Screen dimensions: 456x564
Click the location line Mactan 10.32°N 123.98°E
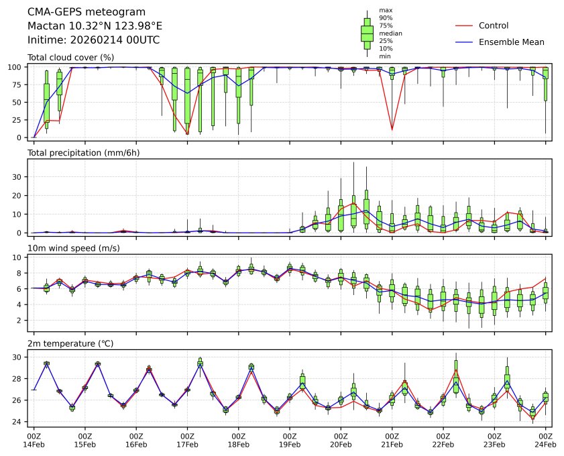point(95,26)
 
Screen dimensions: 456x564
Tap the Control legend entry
point(493,25)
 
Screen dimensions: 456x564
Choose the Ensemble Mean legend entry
point(511,42)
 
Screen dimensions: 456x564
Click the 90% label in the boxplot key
point(386,17)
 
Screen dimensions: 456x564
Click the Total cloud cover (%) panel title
point(70,58)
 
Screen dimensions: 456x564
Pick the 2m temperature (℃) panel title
point(70,344)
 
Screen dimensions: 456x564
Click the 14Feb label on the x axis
point(34,445)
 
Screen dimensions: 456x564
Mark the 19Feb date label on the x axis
point(290,445)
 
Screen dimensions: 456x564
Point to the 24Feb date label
point(545,445)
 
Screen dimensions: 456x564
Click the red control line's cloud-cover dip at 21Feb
point(392,129)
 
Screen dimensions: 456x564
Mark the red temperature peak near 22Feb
point(456,369)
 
